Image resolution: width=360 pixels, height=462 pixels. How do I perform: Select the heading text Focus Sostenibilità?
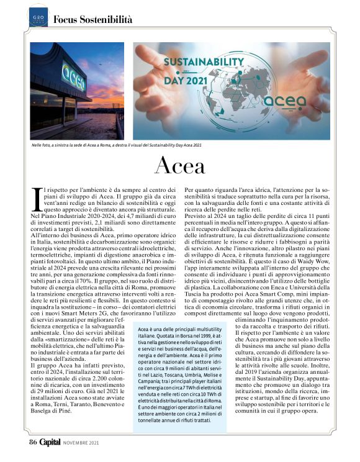[92, 20]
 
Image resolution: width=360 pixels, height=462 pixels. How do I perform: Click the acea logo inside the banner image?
[285, 101]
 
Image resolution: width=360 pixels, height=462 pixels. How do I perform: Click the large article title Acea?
[179, 166]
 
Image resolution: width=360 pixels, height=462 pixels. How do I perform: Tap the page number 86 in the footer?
[33, 442]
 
